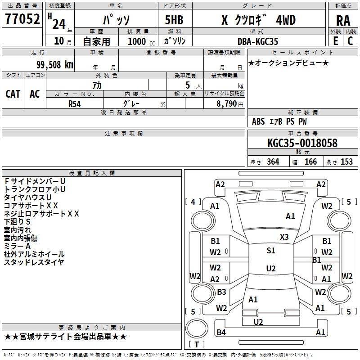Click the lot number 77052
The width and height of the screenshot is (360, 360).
[22, 19]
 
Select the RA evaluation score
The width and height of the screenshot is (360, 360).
[343, 21]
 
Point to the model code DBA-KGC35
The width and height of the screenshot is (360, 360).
[258, 41]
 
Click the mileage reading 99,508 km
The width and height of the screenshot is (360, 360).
[53, 65]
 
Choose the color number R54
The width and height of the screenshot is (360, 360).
[75, 103]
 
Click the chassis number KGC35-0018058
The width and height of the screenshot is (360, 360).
[302, 144]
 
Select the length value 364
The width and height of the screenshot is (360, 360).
[273, 162]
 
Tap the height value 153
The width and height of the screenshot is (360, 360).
[346, 162]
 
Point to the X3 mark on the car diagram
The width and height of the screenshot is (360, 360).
[284, 237]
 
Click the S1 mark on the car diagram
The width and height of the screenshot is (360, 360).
[270, 251]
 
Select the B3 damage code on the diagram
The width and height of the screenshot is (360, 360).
[221, 292]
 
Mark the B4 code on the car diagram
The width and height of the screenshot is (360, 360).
[221, 333]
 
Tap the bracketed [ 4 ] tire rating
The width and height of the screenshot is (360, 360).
[193, 202]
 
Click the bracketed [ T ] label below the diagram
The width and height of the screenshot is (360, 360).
[196, 345]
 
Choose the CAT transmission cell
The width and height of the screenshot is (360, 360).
[13, 94]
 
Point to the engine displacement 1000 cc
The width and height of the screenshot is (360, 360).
[140, 41]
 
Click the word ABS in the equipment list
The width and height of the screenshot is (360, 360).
[258, 121]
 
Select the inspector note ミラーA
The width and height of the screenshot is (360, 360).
[17, 246]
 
